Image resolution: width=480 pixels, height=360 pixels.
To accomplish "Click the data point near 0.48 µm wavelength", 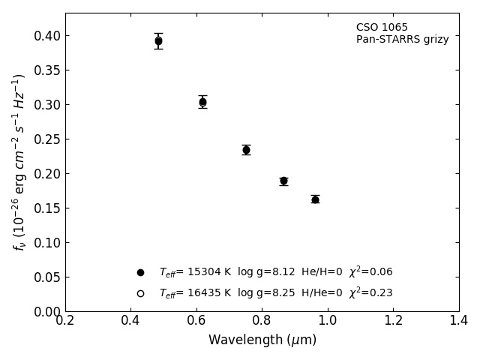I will tap(158, 41).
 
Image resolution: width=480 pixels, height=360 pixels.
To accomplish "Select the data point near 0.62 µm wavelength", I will tap(202, 102).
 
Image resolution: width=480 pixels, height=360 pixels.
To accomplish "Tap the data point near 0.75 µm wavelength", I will tap(246, 150).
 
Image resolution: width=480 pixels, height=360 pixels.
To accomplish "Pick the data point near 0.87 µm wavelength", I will tap(283, 181).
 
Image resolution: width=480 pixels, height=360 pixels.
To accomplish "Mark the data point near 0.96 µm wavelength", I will tap(315, 199).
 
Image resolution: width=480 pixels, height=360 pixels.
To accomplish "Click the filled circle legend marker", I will tap(140, 272).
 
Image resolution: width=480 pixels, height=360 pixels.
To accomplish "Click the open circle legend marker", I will tap(140, 293).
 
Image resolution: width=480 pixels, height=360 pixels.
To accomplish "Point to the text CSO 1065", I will tap(382, 28).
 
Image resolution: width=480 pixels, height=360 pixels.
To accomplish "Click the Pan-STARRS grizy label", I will tap(402, 40).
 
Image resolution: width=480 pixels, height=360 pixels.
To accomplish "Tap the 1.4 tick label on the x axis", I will tap(459, 321).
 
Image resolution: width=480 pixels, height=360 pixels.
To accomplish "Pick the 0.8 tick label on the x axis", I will tap(262, 321).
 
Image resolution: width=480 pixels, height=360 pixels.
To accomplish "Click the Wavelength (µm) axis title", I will tap(262, 340).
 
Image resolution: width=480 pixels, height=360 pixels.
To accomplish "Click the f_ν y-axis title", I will tap(19, 162).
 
